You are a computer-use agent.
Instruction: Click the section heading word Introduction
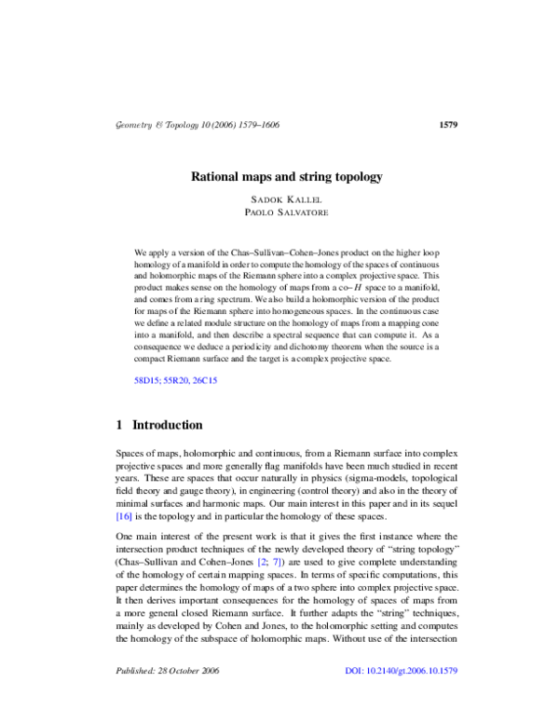(168, 425)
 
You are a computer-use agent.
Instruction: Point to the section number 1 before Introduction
(119, 425)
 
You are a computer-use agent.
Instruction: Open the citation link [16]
(124, 515)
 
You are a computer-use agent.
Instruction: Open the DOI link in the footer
(402, 670)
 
